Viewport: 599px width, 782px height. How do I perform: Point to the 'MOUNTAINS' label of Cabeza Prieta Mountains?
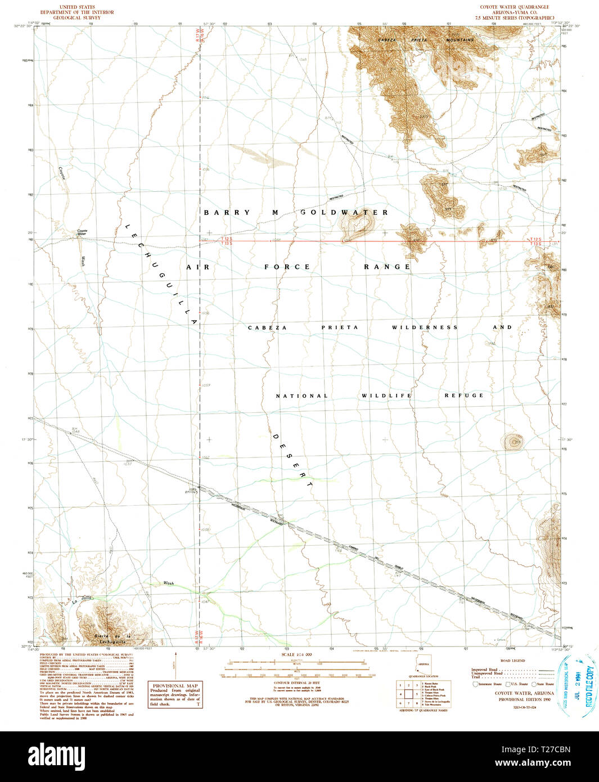point(460,41)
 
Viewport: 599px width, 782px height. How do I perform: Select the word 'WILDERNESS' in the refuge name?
point(425,327)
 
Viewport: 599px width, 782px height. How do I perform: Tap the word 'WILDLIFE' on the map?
point(386,396)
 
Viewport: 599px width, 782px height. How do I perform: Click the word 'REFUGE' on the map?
point(464,396)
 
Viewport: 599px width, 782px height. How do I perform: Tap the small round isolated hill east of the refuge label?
point(513,442)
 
